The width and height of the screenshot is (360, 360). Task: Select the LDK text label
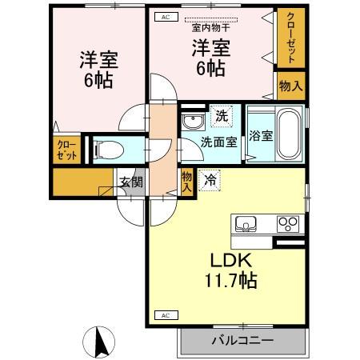231,262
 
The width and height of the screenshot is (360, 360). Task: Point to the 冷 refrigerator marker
210,180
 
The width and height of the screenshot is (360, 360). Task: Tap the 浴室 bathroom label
260,135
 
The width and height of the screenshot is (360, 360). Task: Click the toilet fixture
109,149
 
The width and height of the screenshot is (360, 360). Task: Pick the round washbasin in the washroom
191,122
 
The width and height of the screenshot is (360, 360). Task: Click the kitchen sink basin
244,222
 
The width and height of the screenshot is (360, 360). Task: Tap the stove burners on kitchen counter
287,223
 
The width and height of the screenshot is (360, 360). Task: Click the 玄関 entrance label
131,181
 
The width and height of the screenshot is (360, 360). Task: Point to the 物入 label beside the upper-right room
291,86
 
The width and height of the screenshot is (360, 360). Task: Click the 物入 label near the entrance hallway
186,181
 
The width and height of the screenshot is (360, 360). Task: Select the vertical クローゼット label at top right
291,37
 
